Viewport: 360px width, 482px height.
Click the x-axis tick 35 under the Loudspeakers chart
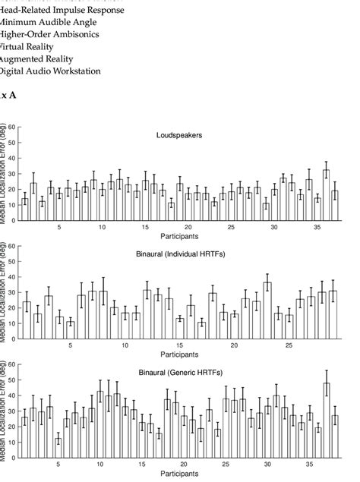(x=310, y=227)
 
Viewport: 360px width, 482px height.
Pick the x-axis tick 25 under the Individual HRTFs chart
(x=289, y=345)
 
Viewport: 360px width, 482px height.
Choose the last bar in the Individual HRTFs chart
(x=333, y=314)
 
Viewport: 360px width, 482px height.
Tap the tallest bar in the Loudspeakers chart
(x=326, y=194)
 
